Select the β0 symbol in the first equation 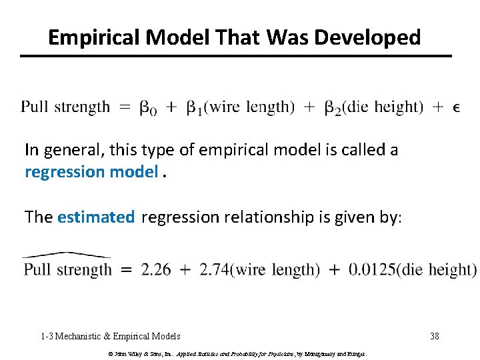click(148, 107)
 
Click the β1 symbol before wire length click(194, 107)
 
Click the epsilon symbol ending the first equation click(456, 107)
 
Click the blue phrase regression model click(91, 172)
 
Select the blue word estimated click(96, 217)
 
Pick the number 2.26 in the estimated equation click(155, 269)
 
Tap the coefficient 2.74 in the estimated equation click(214, 269)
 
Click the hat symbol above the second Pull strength click(66, 255)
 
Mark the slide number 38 click(435, 336)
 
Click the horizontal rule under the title click(235, 55)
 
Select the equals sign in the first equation click(125, 107)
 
